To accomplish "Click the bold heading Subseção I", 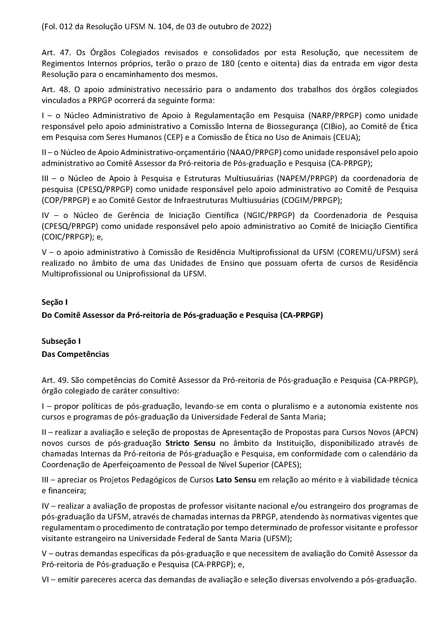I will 61,341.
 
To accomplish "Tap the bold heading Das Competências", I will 75,354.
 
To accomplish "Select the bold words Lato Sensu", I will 236,480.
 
